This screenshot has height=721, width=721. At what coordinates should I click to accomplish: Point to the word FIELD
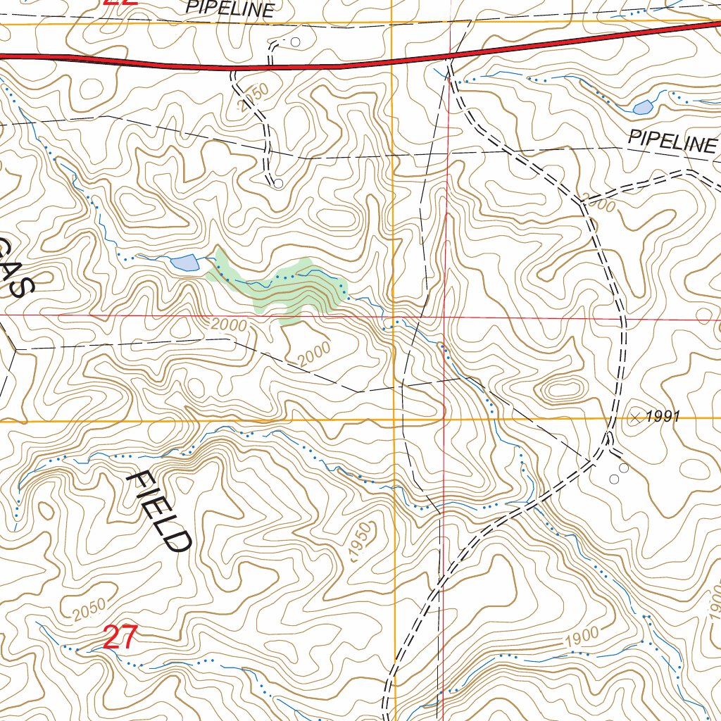click(x=159, y=512)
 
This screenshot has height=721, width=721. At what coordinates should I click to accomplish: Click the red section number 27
click(x=120, y=638)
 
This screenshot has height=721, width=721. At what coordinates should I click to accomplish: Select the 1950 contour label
click(x=360, y=542)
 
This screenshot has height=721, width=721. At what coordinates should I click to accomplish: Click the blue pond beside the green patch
click(x=184, y=263)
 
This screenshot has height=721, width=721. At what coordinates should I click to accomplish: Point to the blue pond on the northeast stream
click(x=642, y=107)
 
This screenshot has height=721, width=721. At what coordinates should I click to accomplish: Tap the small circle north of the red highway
click(x=295, y=42)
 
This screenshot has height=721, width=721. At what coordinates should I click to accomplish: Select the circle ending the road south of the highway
click(x=278, y=184)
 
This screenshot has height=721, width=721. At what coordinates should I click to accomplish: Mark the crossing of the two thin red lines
click(x=445, y=318)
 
